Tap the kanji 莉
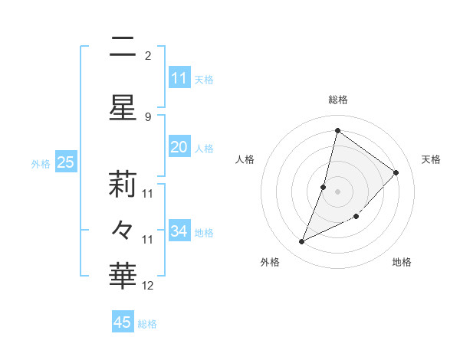tap(123, 184)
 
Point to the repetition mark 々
tap(123, 230)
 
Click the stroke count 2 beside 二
tap(148, 56)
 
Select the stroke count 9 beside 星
tap(148, 116)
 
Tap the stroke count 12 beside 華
tap(148, 286)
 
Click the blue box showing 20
tap(179, 148)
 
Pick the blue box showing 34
tap(179, 231)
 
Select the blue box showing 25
tap(65, 162)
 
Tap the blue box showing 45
tap(123, 322)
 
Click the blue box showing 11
tap(179, 78)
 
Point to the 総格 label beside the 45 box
tap(147, 324)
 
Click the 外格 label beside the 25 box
tap(41, 163)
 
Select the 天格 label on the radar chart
tap(432, 159)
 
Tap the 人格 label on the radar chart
tap(245, 159)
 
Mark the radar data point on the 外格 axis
tap(302, 242)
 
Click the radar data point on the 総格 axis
tap(337, 130)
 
